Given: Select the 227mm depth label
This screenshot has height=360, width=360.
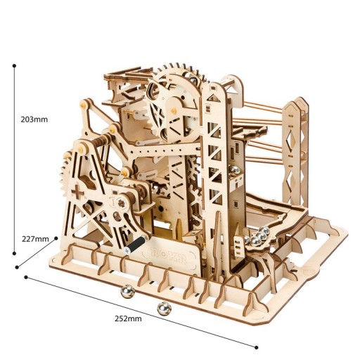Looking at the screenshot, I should pos(36,238).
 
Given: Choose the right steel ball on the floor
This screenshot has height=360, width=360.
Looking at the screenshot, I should pos(164,308).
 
